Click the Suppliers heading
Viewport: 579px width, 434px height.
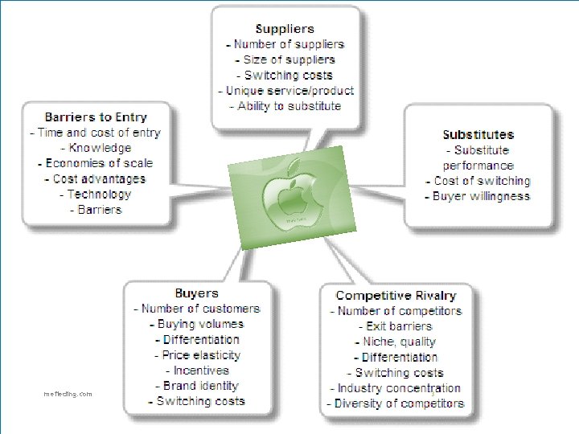coord(285,29)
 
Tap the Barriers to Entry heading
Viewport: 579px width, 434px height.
coord(96,117)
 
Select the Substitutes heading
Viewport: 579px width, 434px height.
coord(478,135)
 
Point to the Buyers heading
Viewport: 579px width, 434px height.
coord(196,293)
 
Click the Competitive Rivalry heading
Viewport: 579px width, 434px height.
coord(396,296)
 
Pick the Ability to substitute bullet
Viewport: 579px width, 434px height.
coord(285,106)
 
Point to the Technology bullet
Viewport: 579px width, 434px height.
coord(95,194)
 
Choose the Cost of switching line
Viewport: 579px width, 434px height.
coord(478,181)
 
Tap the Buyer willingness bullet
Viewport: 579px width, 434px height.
coord(478,196)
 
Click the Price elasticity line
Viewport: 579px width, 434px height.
coord(197,355)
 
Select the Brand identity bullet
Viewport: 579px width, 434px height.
coord(197,386)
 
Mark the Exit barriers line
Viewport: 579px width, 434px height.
coord(396,326)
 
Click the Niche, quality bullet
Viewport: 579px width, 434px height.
coord(396,342)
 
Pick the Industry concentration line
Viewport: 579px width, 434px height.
coord(396,388)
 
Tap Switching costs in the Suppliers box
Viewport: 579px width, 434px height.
coord(285,76)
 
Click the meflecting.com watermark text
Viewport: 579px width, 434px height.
coord(68,394)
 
